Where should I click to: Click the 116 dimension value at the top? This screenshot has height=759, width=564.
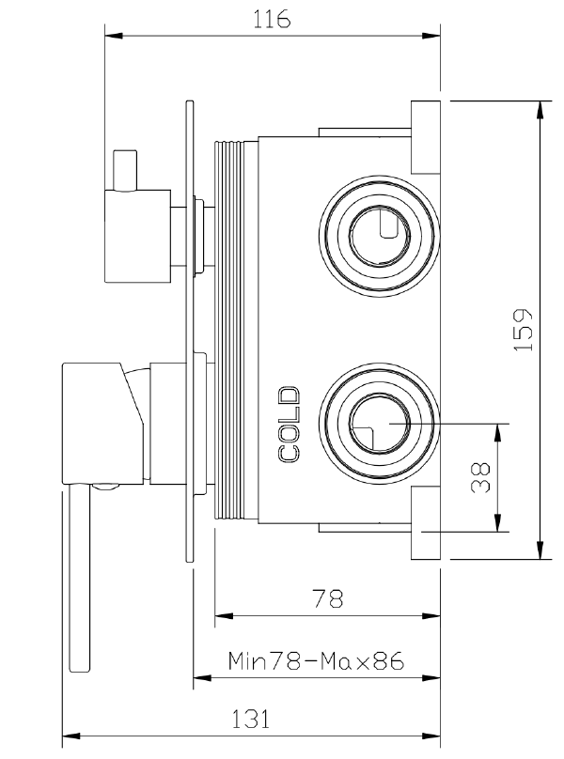pos(272,19)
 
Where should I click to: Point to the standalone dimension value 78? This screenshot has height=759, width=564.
pos(326,597)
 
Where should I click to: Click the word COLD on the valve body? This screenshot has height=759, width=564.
pos(290,424)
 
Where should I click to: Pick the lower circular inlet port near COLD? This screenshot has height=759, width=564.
pos(379,424)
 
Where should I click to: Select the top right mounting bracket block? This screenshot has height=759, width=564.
pos(427,135)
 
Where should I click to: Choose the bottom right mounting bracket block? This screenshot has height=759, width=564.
pos(427,524)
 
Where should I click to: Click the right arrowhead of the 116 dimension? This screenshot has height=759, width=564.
pos(434,37)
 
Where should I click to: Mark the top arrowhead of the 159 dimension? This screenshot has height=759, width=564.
pos(540,105)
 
